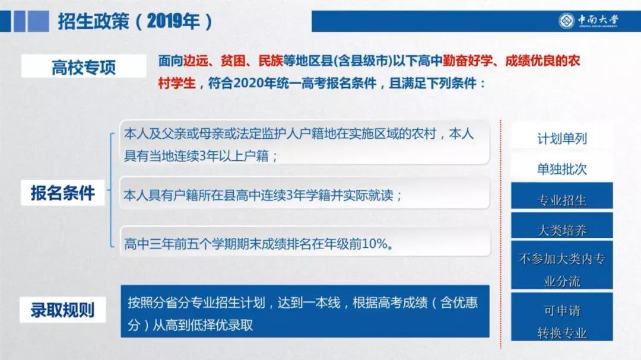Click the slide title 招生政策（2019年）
135,21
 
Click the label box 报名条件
63,193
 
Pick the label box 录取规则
63,310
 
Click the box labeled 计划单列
561,139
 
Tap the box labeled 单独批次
561,169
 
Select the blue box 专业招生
561,200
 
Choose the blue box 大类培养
561,230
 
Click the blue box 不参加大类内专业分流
561,270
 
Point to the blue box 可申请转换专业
561,321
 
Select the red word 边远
196,61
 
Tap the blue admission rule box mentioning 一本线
304,311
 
